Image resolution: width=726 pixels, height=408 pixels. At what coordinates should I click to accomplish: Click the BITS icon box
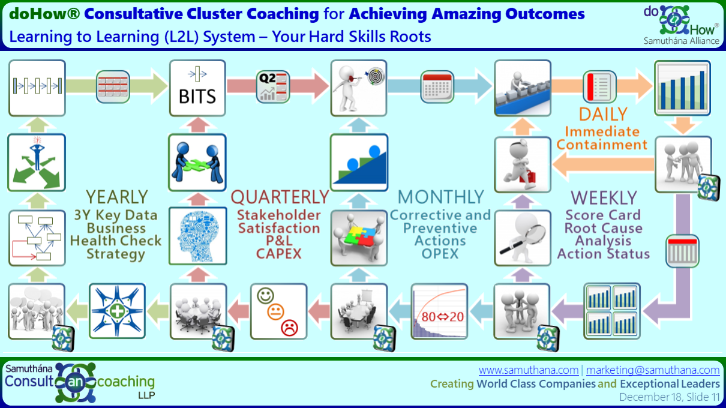[197, 88]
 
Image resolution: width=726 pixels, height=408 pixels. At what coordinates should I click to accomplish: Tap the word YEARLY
[117, 197]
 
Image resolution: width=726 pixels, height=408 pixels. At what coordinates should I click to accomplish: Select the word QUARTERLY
[280, 197]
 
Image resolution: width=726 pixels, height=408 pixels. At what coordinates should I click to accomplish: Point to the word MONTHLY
[441, 197]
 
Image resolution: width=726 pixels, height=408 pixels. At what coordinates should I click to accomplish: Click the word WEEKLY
[604, 197]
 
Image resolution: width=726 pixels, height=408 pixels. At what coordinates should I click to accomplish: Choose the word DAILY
[603, 114]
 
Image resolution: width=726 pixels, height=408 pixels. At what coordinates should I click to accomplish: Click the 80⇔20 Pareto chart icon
[439, 311]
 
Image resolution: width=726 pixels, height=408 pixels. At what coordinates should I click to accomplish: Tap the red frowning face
[289, 328]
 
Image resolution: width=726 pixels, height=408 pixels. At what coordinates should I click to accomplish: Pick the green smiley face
[265, 296]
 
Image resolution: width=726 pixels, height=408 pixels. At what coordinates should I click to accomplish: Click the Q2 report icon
[272, 86]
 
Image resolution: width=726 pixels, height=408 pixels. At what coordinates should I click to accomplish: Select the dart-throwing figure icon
[359, 88]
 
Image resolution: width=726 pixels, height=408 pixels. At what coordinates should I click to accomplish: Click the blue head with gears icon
[198, 236]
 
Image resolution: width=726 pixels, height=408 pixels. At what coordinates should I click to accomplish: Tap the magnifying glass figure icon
[523, 238]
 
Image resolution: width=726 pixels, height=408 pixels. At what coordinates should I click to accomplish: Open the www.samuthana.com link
[529, 370]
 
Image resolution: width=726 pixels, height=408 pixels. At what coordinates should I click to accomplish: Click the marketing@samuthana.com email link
[653, 370]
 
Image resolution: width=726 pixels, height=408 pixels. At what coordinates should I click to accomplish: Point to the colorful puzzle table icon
[359, 238]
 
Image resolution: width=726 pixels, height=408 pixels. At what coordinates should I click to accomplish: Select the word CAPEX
[279, 253]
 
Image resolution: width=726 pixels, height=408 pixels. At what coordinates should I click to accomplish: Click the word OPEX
[440, 253]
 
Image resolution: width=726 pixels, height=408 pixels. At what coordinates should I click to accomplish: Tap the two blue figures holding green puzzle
[197, 163]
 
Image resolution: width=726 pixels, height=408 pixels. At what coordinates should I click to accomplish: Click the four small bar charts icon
[612, 311]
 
